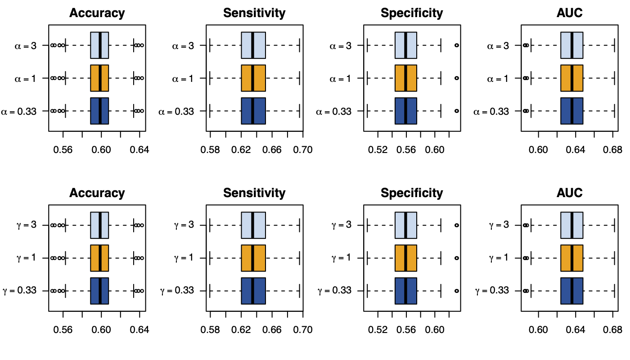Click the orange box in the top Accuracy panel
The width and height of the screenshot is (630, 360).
(x=99, y=78)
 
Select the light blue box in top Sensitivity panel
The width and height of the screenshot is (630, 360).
(x=253, y=45)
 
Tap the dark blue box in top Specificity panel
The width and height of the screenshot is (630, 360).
(x=406, y=111)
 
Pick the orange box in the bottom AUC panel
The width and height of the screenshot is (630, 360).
(x=572, y=258)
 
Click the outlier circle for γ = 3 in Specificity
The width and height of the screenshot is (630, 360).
(x=457, y=225)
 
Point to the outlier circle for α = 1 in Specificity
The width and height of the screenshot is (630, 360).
(x=457, y=78)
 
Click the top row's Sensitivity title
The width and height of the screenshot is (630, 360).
(x=254, y=13)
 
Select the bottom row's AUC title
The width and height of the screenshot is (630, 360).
(x=569, y=193)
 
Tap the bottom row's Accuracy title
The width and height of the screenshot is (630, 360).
(x=97, y=193)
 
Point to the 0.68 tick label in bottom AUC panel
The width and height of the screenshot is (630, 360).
(x=613, y=329)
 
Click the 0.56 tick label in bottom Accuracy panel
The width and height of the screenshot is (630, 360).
(x=63, y=329)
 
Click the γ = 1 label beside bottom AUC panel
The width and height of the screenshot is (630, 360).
(x=499, y=258)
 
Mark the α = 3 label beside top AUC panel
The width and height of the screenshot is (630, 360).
(x=499, y=45)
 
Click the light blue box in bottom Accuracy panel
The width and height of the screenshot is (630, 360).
(x=99, y=225)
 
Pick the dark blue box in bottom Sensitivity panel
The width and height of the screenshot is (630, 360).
(x=253, y=291)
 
